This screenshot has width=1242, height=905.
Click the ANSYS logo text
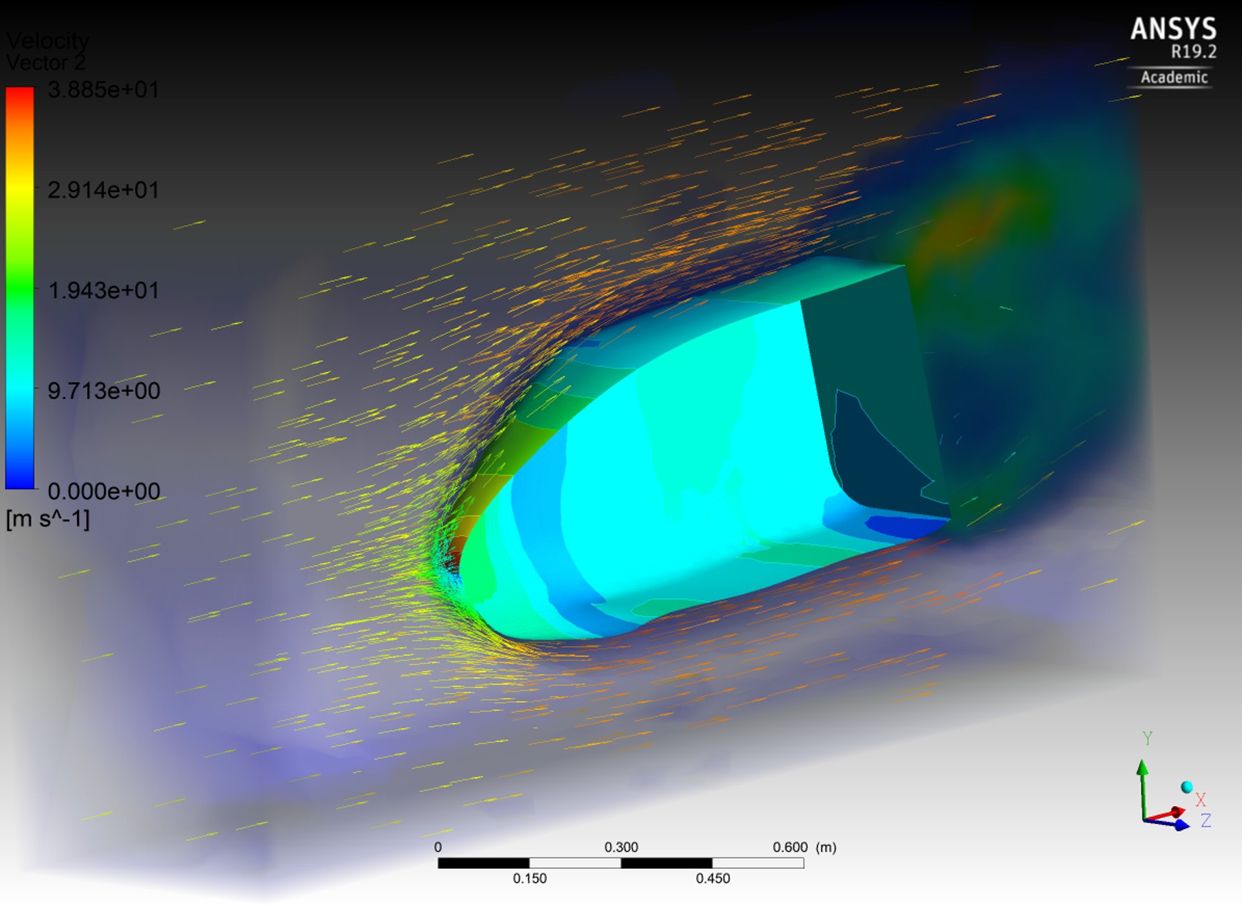click(x=1173, y=29)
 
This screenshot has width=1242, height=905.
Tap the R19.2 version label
click(x=1193, y=52)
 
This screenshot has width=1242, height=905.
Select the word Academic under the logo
click(x=1174, y=78)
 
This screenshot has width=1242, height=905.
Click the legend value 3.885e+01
click(x=103, y=89)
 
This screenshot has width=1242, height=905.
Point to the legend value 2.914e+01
click(x=103, y=190)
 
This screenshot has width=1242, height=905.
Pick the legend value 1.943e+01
click(x=103, y=290)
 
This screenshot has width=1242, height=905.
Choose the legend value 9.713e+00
click(x=103, y=391)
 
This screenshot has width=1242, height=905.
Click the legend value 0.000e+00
click(x=103, y=491)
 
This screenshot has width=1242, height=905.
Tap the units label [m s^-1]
click(x=48, y=519)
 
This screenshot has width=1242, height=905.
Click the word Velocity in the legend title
click(x=47, y=41)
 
